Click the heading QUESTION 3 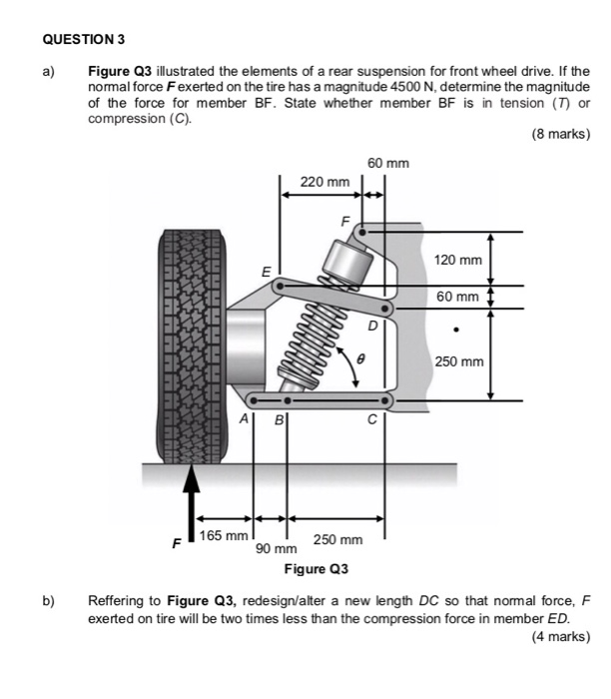pyautogui.click(x=85, y=40)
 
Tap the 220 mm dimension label pyautogui.click(x=324, y=182)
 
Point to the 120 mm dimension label pyautogui.click(x=458, y=260)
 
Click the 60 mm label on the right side pyautogui.click(x=458, y=297)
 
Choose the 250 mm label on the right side pyautogui.click(x=458, y=359)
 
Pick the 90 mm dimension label pyautogui.click(x=277, y=549)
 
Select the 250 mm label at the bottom pyautogui.click(x=337, y=539)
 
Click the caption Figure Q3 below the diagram pyautogui.click(x=316, y=569)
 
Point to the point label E pyautogui.click(x=265, y=271)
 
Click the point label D pyautogui.click(x=372, y=326)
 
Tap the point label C pyautogui.click(x=370, y=420)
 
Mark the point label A pyautogui.click(x=243, y=420)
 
